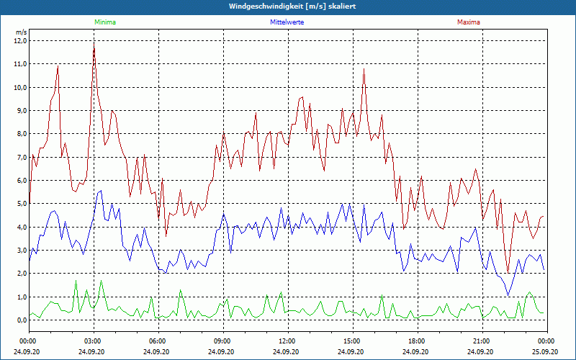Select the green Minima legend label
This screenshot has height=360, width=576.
point(104,22)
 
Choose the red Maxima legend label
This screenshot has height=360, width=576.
point(469,22)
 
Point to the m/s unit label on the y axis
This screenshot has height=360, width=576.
point(21,32)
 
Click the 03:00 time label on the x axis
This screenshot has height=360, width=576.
point(93,340)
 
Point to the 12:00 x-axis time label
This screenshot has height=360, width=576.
point(287,340)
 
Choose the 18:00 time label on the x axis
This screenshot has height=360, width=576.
point(417,340)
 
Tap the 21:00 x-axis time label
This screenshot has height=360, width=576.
point(482,340)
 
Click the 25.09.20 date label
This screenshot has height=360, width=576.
point(546,351)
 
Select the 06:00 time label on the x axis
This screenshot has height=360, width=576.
point(158,340)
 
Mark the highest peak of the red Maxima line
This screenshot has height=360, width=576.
point(94,45)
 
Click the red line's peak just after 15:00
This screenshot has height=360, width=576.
point(364,69)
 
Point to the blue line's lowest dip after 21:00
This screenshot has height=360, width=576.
point(508,295)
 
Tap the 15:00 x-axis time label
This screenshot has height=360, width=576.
point(352,340)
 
